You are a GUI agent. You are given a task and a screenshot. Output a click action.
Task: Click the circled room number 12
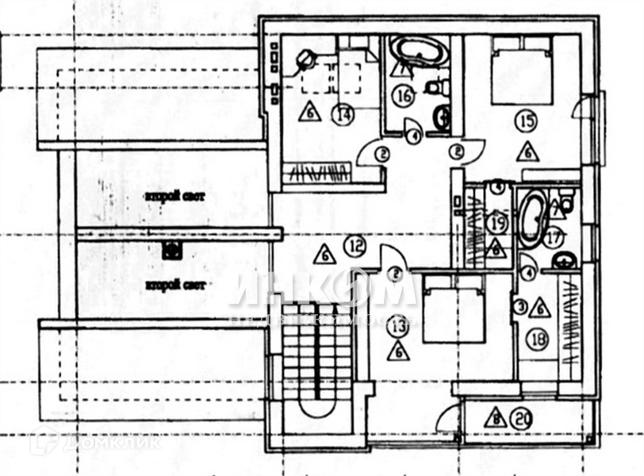point(355,247)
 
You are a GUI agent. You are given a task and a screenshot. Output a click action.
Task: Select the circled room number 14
point(343,114)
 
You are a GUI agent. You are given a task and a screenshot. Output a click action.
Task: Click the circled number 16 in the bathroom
point(403,96)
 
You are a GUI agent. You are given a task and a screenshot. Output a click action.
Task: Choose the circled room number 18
point(538,340)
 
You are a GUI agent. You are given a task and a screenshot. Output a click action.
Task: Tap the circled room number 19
point(497,222)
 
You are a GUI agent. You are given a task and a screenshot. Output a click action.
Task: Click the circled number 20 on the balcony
point(521,416)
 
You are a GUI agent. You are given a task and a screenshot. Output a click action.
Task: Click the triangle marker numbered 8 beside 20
point(495,417)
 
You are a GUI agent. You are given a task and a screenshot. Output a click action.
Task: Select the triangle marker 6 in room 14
point(310,112)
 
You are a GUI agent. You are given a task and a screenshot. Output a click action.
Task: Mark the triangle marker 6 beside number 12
point(324,255)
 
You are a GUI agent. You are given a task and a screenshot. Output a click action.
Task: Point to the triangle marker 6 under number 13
point(398,350)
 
